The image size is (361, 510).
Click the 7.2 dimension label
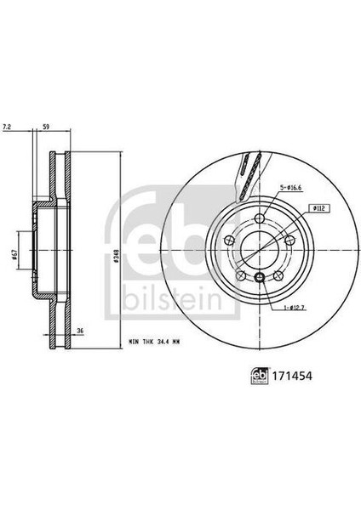(x=9, y=126)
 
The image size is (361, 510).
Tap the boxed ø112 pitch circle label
(x=321, y=207)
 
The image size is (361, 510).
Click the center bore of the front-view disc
(x=257, y=249)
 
